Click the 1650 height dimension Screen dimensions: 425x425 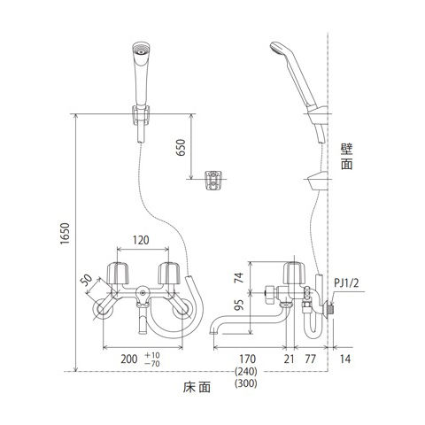65,233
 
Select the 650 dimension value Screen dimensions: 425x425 181,148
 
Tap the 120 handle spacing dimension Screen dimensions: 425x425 141,240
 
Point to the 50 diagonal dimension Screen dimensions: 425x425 86,280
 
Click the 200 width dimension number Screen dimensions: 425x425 129,359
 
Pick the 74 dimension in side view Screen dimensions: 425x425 239,278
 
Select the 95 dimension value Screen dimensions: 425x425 241,305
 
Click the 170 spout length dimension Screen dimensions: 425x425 247,359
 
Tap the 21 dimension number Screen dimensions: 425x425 290,359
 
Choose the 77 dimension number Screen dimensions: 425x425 310,359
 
